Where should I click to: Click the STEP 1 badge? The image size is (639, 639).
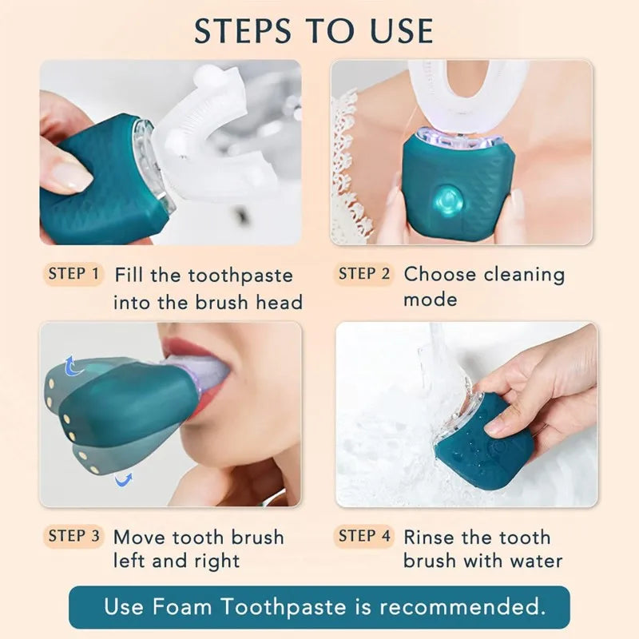tap(73, 274)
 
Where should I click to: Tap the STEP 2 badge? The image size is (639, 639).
tap(364, 274)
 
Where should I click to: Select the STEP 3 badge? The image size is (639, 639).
tap(73, 536)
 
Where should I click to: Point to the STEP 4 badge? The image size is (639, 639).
tap(364, 536)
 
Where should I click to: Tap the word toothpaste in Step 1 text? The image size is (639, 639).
tap(240, 276)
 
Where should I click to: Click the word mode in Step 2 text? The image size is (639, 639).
tap(430, 300)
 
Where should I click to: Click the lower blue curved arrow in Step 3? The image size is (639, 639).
tap(122, 480)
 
